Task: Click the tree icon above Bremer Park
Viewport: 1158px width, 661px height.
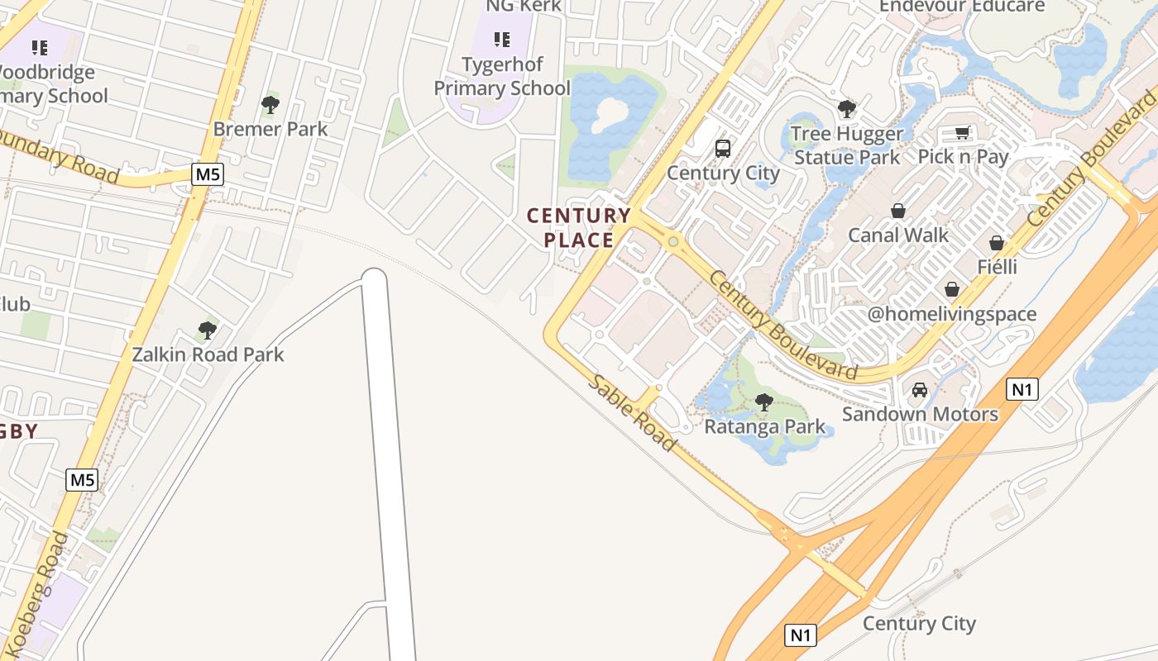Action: (270, 105)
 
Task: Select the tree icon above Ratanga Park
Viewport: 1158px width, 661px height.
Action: (764, 403)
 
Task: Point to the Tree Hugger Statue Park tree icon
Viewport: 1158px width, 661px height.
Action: (846, 109)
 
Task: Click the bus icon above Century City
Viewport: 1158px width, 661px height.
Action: (723, 149)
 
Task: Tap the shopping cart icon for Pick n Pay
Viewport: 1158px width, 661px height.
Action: (963, 133)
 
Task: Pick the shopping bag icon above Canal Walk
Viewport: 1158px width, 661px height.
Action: (898, 212)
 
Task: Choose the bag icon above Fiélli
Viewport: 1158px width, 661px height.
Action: (997, 244)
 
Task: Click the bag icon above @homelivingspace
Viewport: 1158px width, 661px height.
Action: (952, 290)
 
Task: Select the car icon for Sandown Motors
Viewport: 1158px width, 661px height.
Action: (920, 390)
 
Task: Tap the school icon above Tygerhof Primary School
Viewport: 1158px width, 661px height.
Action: (502, 40)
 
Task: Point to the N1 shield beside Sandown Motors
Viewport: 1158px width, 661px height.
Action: (1023, 389)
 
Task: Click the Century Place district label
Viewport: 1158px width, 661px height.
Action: (579, 228)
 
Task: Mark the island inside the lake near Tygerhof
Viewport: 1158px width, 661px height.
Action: (610, 113)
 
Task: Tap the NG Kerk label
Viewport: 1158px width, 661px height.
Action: (524, 6)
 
